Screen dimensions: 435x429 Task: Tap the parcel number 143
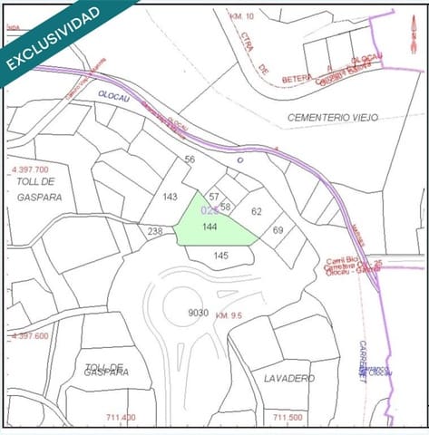click(170, 197)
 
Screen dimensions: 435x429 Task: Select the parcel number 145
click(220, 256)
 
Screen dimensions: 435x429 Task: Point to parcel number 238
click(155, 231)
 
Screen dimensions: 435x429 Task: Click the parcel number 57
click(214, 196)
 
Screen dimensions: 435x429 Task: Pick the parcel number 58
click(226, 207)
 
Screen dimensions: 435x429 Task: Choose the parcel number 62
click(256, 211)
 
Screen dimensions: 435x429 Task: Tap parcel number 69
click(278, 230)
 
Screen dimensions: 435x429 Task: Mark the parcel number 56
click(190, 159)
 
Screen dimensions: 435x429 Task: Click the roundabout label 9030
click(198, 313)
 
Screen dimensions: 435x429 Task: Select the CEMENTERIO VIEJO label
click(332, 118)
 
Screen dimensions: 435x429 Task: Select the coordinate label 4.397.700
click(30, 169)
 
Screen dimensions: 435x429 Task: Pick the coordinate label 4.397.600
click(30, 335)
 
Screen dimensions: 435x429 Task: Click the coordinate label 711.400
click(121, 418)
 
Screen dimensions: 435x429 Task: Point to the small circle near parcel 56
click(239, 159)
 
